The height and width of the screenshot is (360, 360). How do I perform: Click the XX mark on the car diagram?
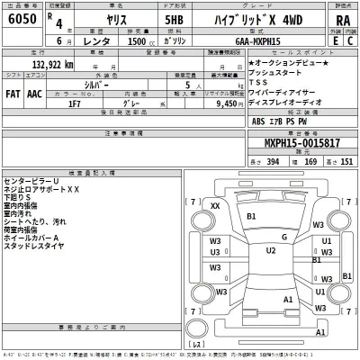215,206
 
